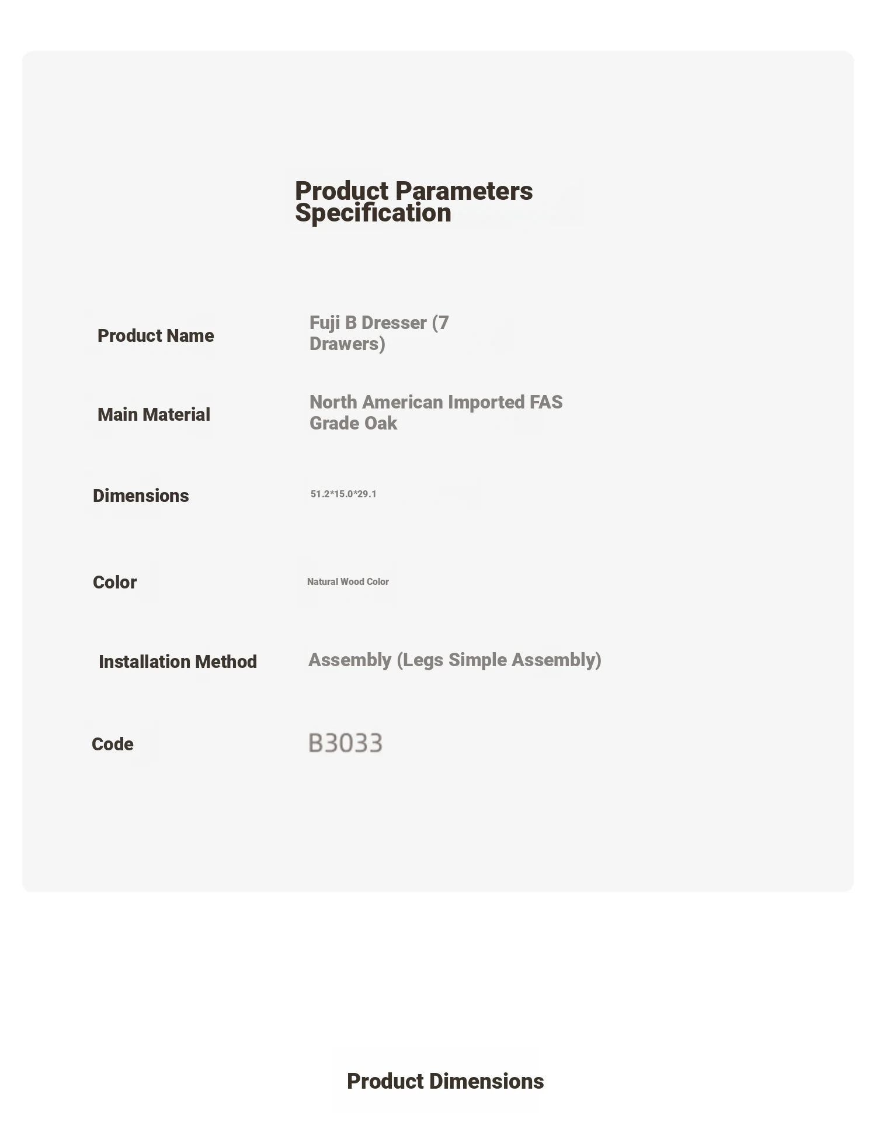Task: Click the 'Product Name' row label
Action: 155,335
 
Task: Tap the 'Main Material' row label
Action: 154,414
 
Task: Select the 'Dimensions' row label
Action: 141,496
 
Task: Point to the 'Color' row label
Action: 114,582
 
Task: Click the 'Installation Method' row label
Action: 178,662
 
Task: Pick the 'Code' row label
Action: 112,744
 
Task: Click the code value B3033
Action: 345,743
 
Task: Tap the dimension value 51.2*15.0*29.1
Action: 343,494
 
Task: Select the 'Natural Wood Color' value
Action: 347,581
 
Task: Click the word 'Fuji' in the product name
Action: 325,323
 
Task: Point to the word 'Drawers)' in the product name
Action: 347,344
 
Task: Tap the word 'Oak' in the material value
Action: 381,423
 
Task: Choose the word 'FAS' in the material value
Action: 546,402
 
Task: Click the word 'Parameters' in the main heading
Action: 464,191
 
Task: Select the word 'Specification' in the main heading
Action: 373,213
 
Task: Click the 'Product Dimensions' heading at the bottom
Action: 445,1081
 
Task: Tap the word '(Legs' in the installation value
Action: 420,660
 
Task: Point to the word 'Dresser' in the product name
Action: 394,323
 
